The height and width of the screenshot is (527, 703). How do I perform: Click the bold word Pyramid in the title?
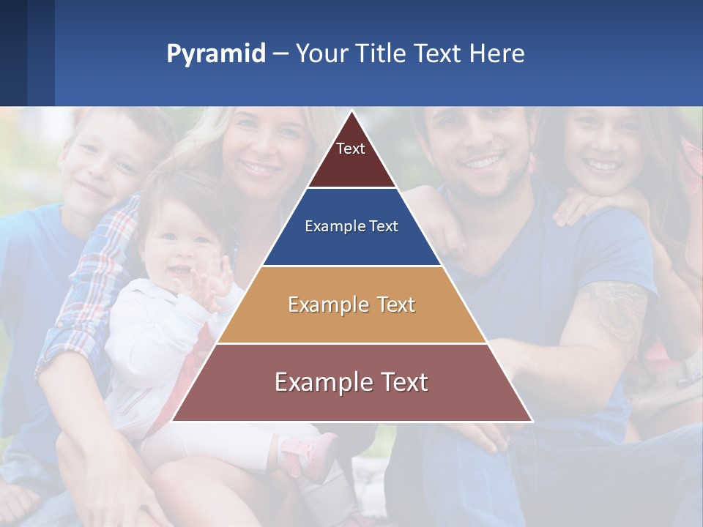[x=215, y=53]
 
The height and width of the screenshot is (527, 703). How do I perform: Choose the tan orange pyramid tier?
[x=351, y=304]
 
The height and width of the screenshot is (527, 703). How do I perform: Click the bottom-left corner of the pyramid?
[x=174, y=420]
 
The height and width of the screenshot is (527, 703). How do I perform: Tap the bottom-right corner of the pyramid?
[x=531, y=420]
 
